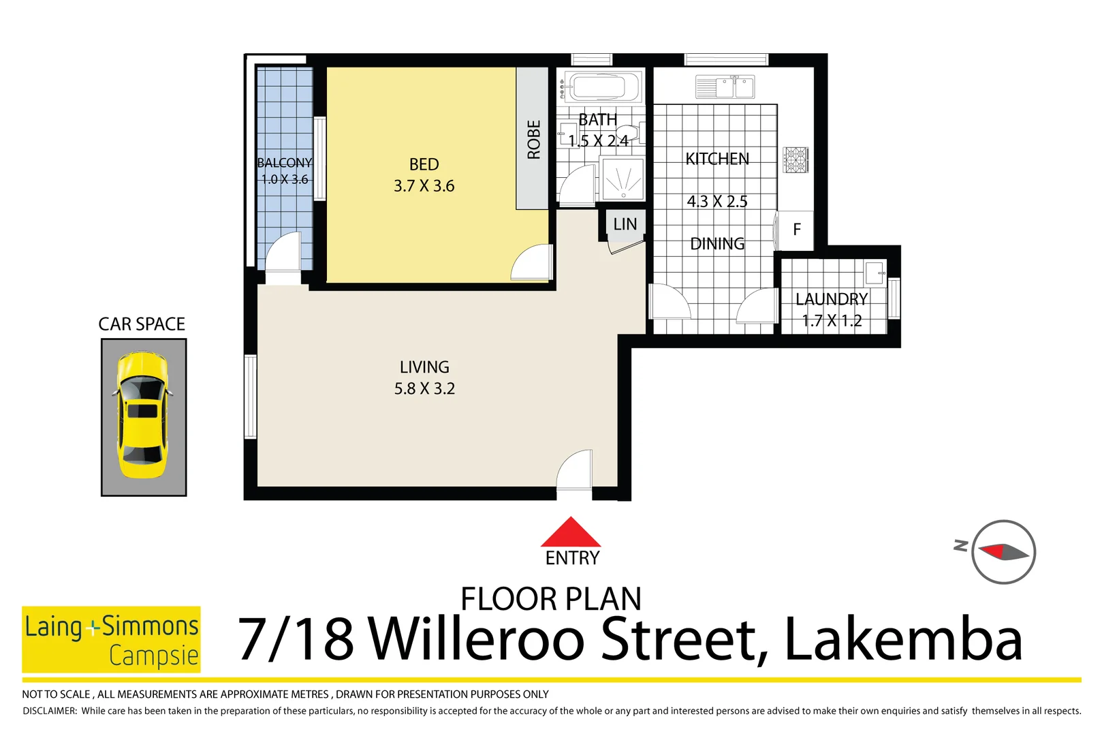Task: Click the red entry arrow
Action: click(571, 533)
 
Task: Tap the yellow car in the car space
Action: click(143, 416)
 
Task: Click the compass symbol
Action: click(1003, 551)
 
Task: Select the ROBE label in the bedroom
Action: click(533, 140)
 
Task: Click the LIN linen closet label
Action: click(625, 224)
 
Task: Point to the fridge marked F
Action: click(796, 230)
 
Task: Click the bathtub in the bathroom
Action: click(599, 87)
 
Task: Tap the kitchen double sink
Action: click(725, 87)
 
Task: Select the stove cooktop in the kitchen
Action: click(795, 159)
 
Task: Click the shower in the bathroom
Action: click(623, 179)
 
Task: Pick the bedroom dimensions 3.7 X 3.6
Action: click(424, 186)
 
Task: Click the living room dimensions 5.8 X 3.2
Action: click(424, 388)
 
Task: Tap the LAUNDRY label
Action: click(831, 299)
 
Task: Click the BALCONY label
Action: click(284, 163)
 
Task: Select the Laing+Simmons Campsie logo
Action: click(111, 639)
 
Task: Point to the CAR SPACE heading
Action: click(142, 324)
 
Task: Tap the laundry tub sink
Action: click(874, 273)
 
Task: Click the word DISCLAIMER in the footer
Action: click(50, 711)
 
